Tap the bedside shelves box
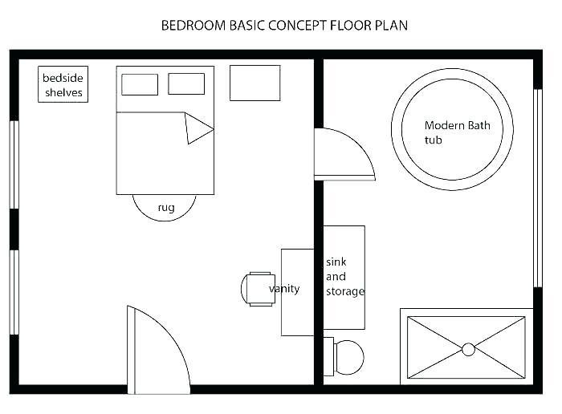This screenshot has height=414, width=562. [63, 85]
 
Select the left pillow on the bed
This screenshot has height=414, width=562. [139, 84]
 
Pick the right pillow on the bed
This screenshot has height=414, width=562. [186, 83]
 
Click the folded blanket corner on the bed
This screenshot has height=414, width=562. [197, 128]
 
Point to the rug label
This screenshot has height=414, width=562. [166, 208]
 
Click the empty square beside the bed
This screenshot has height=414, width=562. [255, 83]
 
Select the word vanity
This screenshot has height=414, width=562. [285, 289]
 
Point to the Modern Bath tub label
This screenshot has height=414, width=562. [457, 132]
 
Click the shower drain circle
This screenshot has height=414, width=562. [468, 349]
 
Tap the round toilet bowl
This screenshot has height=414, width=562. [348, 357]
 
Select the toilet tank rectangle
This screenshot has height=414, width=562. [328, 356]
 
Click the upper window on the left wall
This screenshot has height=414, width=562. [14, 164]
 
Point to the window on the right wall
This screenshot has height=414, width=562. [538, 188]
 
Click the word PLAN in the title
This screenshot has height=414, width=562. [390, 25]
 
